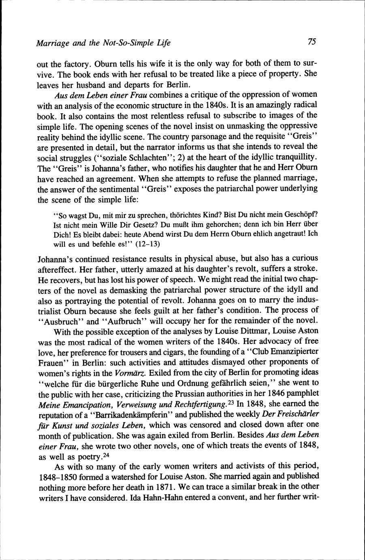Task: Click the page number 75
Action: coord(312,41)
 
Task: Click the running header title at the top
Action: coord(103,42)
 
